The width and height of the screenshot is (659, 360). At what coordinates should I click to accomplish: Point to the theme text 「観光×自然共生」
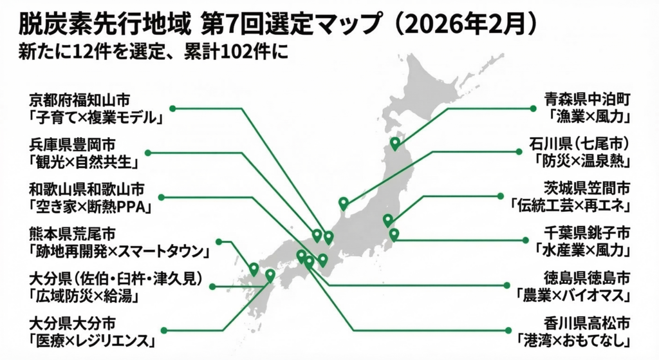tap(84, 162)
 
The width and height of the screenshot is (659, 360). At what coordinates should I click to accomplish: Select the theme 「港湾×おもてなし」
tap(577, 339)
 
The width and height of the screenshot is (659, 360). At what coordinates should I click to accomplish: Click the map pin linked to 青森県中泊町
tap(395, 143)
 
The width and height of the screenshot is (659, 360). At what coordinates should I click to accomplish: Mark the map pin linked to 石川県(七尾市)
tap(344, 203)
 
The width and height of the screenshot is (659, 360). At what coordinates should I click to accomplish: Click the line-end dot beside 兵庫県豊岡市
tap(147, 153)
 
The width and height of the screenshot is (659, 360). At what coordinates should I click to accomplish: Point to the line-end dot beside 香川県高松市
tap(508, 330)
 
